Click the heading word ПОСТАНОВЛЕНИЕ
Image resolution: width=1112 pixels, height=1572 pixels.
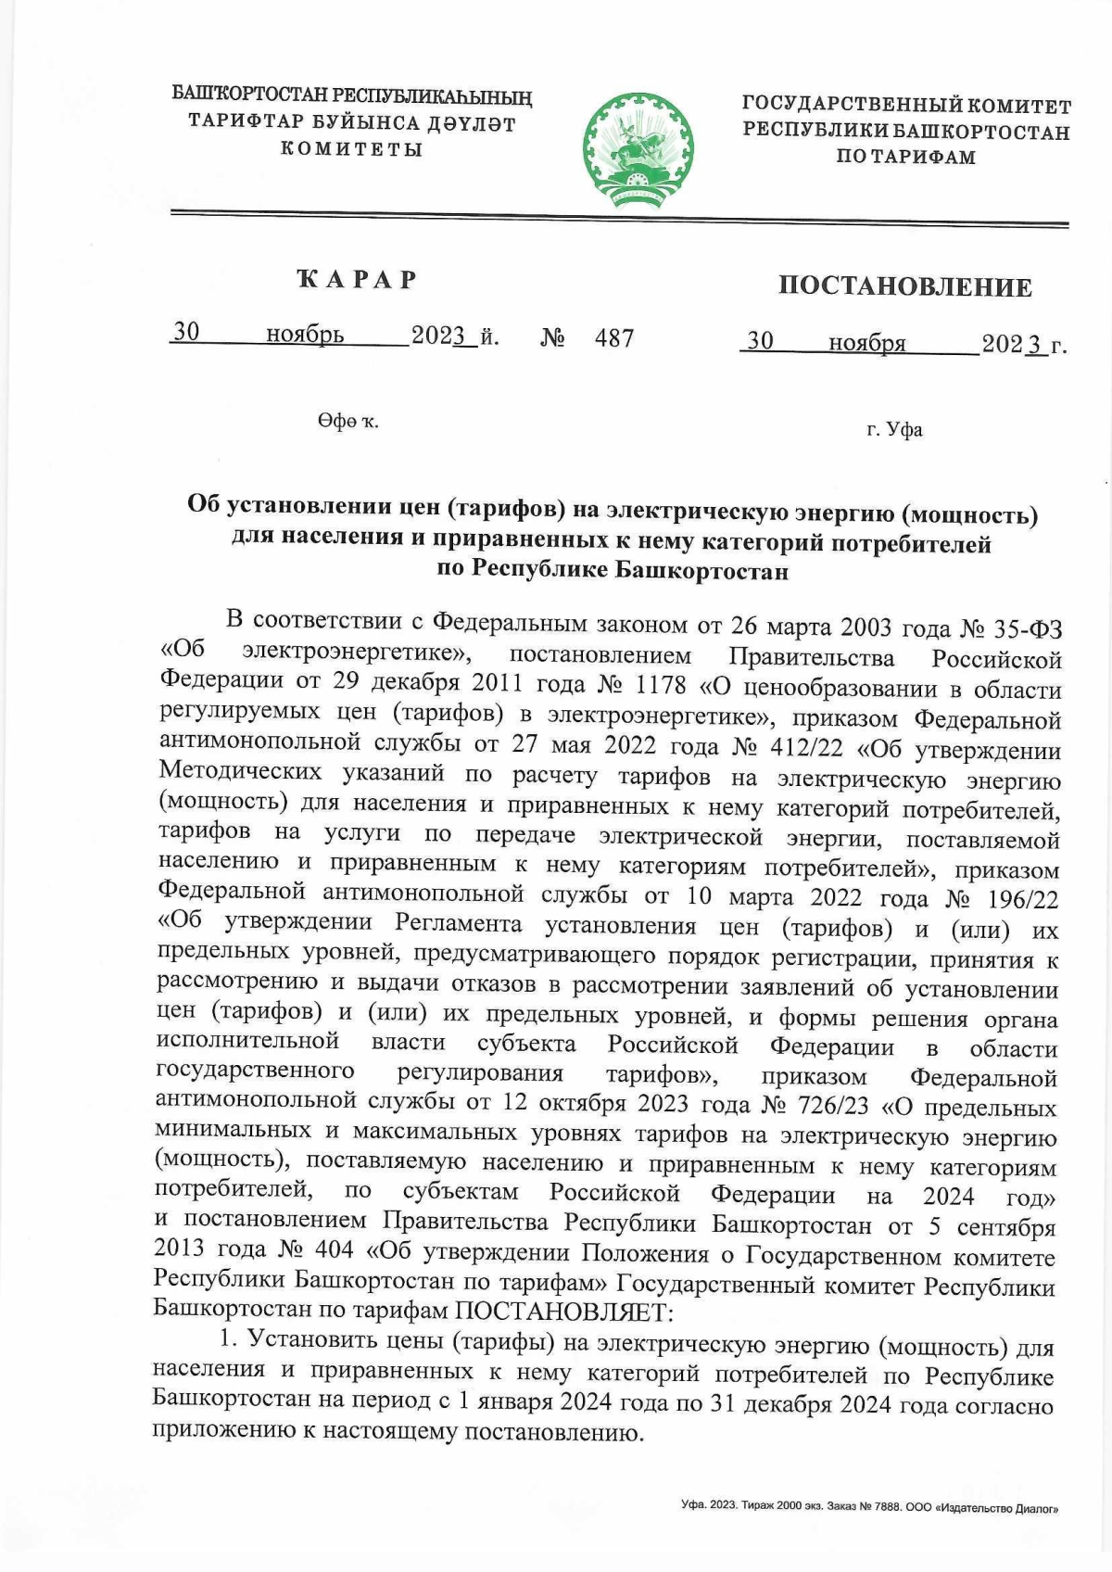(x=904, y=286)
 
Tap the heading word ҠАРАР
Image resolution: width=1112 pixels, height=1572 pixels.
(x=357, y=279)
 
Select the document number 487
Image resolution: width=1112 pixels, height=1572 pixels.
(x=614, y=337)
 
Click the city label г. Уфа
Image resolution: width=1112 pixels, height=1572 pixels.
(x=894, y=430)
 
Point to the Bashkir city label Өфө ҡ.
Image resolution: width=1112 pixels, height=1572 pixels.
(x=347, y=422)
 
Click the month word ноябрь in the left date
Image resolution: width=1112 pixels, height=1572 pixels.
(x=305, y=335)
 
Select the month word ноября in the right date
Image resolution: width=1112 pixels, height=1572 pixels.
(x=866, y=344)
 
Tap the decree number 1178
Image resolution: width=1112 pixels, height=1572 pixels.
(x=656, y=685)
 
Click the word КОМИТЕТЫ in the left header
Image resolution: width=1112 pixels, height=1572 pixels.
(x=352, y=148)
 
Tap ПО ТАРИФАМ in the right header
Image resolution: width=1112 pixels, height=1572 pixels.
(x=905, y=157)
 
